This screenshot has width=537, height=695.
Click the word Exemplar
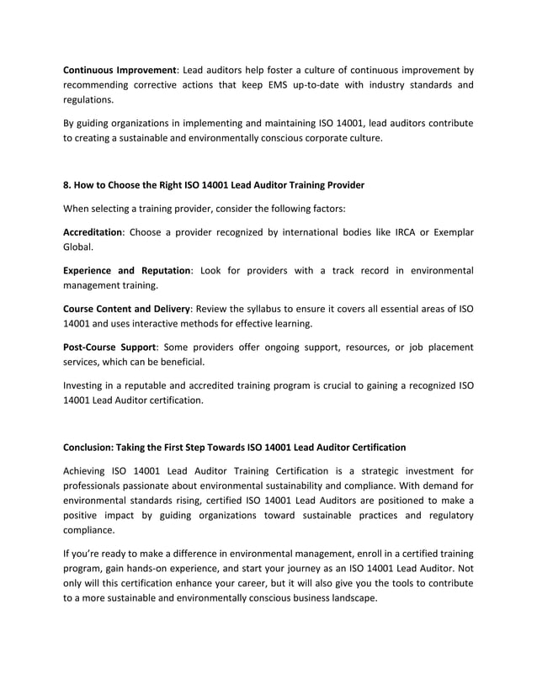coord(450,232)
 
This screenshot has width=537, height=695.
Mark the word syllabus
coord(281,309)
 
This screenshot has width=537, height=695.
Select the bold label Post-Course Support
coord(109,347)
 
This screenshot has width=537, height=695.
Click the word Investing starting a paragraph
coord(87,385)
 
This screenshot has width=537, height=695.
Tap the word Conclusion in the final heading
coord(93,447)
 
